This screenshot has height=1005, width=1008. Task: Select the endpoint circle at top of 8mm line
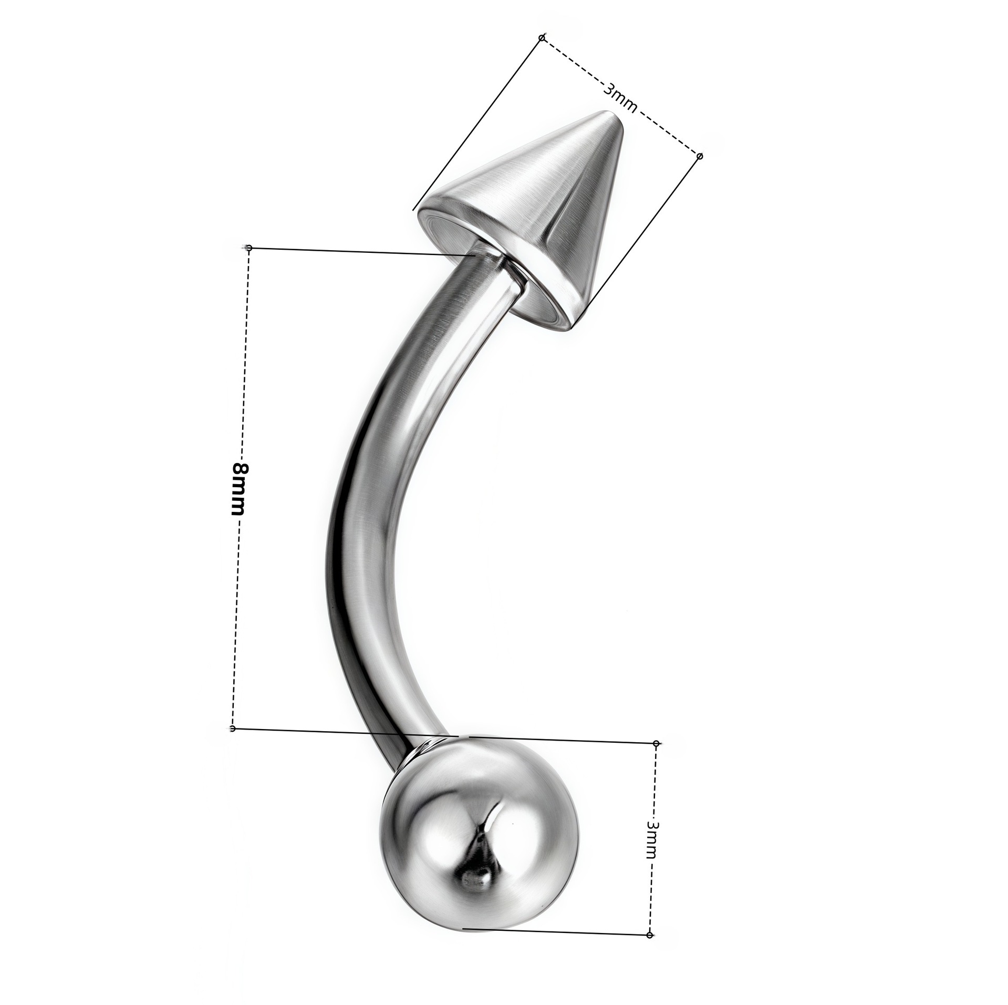(249, 248)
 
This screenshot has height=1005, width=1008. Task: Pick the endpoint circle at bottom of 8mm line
(233, 729)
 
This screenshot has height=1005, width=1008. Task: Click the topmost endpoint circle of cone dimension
(542, 38)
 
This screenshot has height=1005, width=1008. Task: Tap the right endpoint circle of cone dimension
(699, 156)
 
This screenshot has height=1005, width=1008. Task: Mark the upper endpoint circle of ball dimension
(656, 743)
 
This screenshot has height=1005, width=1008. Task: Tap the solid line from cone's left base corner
(478, 124)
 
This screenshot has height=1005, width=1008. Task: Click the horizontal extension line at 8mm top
(357, 251)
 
